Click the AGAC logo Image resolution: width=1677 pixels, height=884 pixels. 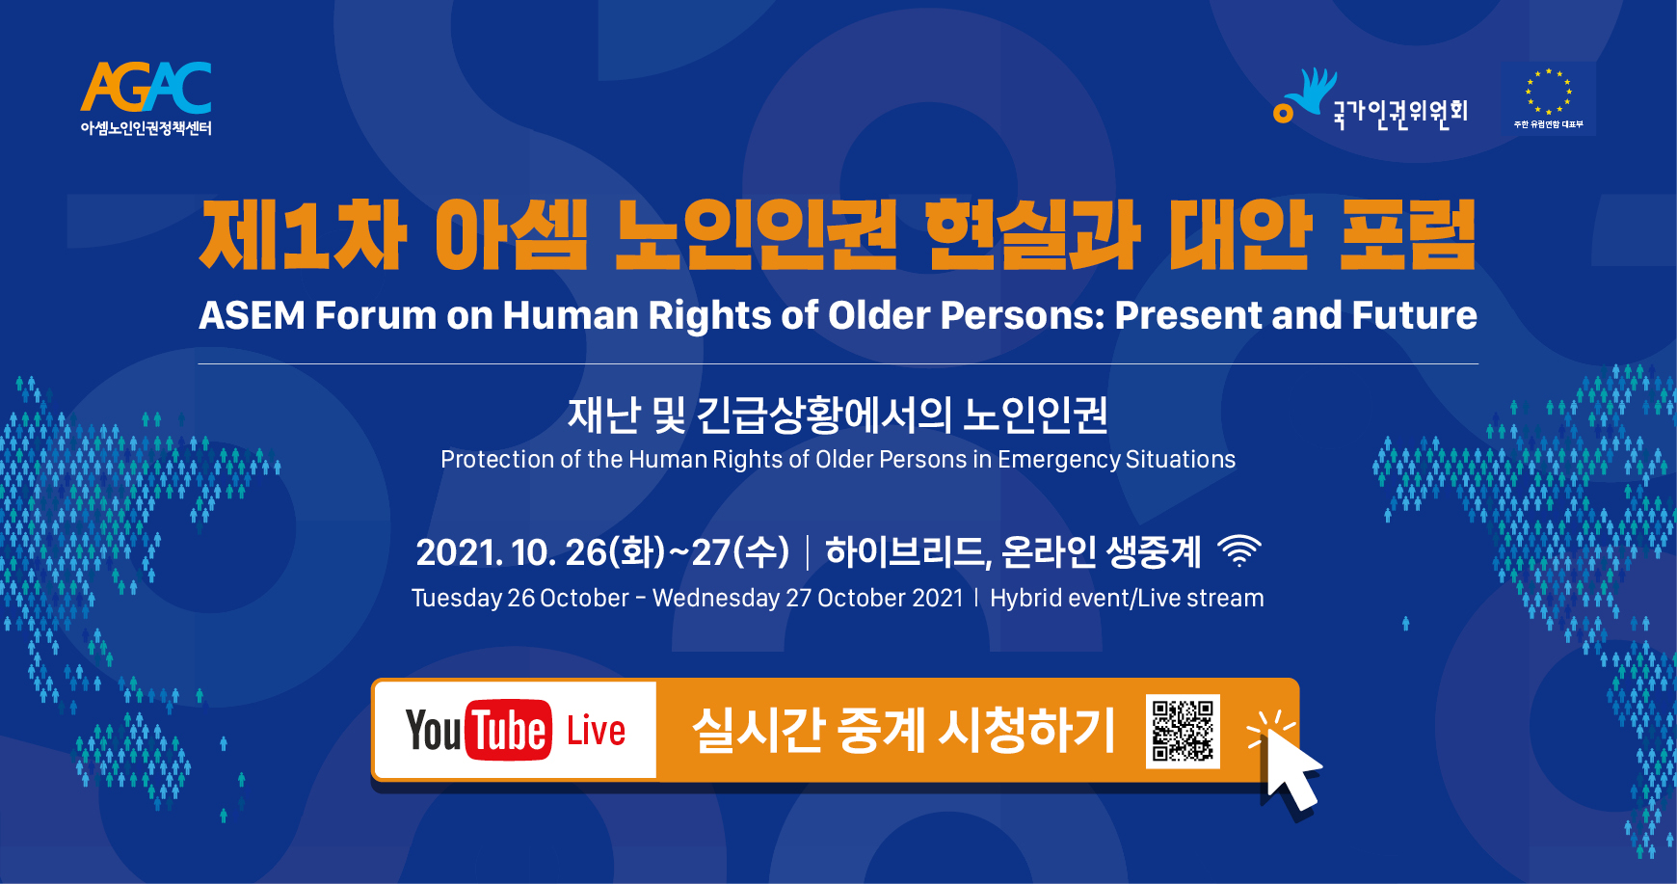[146, 98]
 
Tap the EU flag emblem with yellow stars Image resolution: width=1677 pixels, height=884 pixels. [1548, 98]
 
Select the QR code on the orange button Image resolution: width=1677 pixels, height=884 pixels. [1183, 731]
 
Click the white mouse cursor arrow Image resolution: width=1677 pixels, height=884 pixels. [1291, 768]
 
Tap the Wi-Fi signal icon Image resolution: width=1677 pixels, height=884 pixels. [1239, 550]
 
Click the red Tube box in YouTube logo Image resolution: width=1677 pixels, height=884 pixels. [509, 730]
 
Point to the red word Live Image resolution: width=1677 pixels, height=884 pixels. [596, 731]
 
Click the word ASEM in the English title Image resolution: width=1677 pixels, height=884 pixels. [252, 315]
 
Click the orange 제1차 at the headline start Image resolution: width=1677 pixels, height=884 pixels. [303, 234]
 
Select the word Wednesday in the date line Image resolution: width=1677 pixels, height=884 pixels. [716, 598]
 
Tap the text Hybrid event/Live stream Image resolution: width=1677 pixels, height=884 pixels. [1127, 598]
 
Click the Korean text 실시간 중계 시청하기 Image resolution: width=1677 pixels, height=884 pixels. [903, 730]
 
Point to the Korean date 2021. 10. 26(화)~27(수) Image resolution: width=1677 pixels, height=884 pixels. [602, 552]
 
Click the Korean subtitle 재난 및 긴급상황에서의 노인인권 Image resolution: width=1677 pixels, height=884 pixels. [838, 415]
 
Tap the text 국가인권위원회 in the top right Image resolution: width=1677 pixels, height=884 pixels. [1400, 112]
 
